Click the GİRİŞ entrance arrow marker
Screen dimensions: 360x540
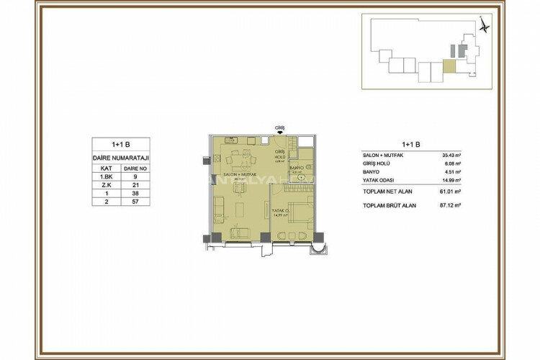(x=280, y=132)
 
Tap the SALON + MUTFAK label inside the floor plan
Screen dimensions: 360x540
(x=238, y=176)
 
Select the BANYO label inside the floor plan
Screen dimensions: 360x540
(x=297, y=166)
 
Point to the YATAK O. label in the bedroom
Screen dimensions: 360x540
(x=280, y=210)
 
